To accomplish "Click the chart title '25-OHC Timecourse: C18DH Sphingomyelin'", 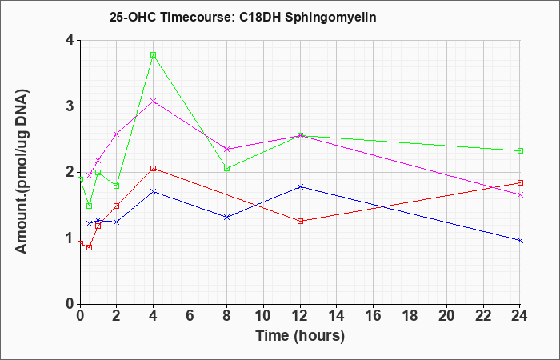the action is click(x=243, y=18).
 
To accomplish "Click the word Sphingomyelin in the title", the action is click(x=330, y=18).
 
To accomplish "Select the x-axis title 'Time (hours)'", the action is click(x=300, y=336).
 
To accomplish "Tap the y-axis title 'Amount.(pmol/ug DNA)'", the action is click(x=22, y=172).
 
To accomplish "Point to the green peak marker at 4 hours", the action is click(x=154, y=55).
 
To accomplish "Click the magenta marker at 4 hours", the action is click(x=154, y=101).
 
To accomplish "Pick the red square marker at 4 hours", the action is click(x=154, y=169).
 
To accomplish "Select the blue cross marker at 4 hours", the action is click(x=154, y=191).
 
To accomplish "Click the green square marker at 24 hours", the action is click(x=520, y=150).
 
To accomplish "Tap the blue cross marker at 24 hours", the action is click(x=520, y=240).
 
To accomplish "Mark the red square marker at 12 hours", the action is click(x=300, y=221).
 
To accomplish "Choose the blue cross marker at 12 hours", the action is click(x=300, y=186).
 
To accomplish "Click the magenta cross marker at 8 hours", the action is click(x=226, y=149).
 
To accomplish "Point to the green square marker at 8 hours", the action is click(x=226, y=168).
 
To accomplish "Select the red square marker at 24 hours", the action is click(x=520, y=183).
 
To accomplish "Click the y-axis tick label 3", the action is click(x=70, y=106).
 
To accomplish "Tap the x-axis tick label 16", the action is click(x=374, y=316).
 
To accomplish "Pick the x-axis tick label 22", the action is click(x=483, y=316).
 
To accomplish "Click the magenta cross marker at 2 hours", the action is click(x=117, y=134).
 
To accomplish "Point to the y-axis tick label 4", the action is click(x=70, y=40).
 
